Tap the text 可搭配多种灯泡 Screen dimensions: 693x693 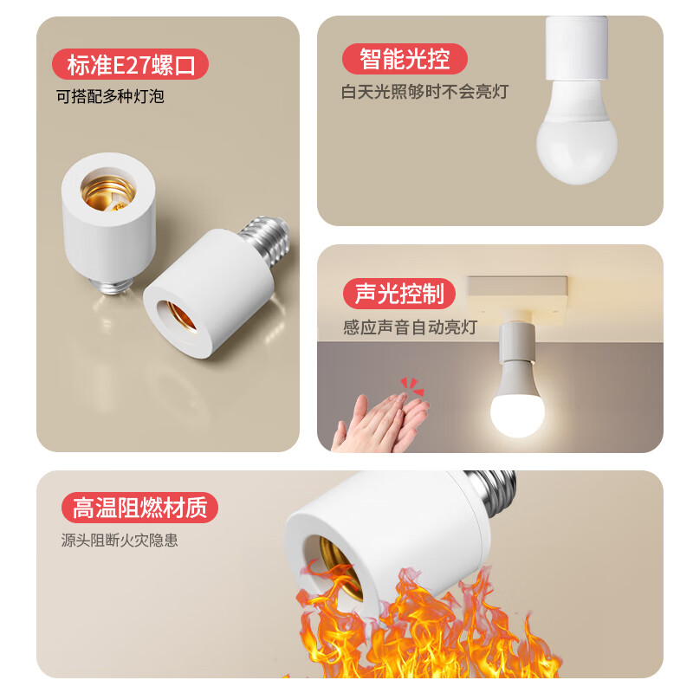(x=110, y=96)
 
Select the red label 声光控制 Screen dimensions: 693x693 (x=399, y=293)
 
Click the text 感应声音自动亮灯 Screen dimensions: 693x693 (x=409, y=328)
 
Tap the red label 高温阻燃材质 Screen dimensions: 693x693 (x=139, y=507)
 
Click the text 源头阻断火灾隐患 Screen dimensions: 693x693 (x=120, y=540)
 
